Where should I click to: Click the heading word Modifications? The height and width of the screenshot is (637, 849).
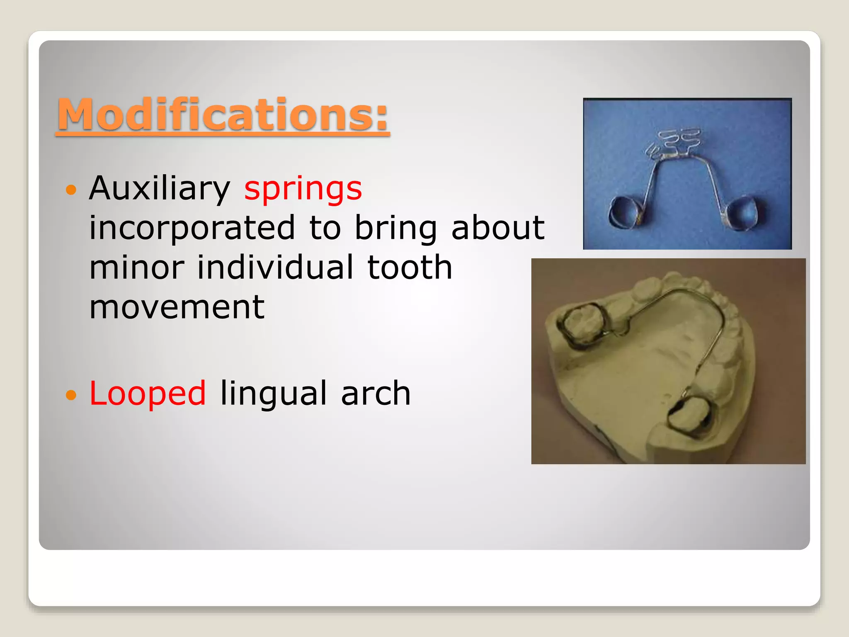click(x=223, y=115)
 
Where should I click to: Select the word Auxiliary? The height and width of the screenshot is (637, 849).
click(x=160, y=189)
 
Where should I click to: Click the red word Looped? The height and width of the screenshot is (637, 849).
click(x=147, y=393)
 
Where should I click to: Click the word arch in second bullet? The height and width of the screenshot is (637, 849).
click(x=375, y=393)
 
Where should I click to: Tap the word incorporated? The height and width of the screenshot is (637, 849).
click(x=192, y=228)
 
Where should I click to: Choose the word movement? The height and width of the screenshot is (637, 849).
click(x=177, y=307)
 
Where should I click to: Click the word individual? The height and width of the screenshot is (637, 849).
click(x=275, y=267)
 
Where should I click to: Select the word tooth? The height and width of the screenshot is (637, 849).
click(x=410, y=267)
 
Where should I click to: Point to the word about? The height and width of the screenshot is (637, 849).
click(x=497, y=228)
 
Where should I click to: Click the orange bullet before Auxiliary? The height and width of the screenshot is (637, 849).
click(x=71, y=190)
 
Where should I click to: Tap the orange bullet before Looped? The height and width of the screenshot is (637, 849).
click(x=71, y=394)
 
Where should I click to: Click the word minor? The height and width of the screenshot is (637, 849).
click(x=137, y=267)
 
